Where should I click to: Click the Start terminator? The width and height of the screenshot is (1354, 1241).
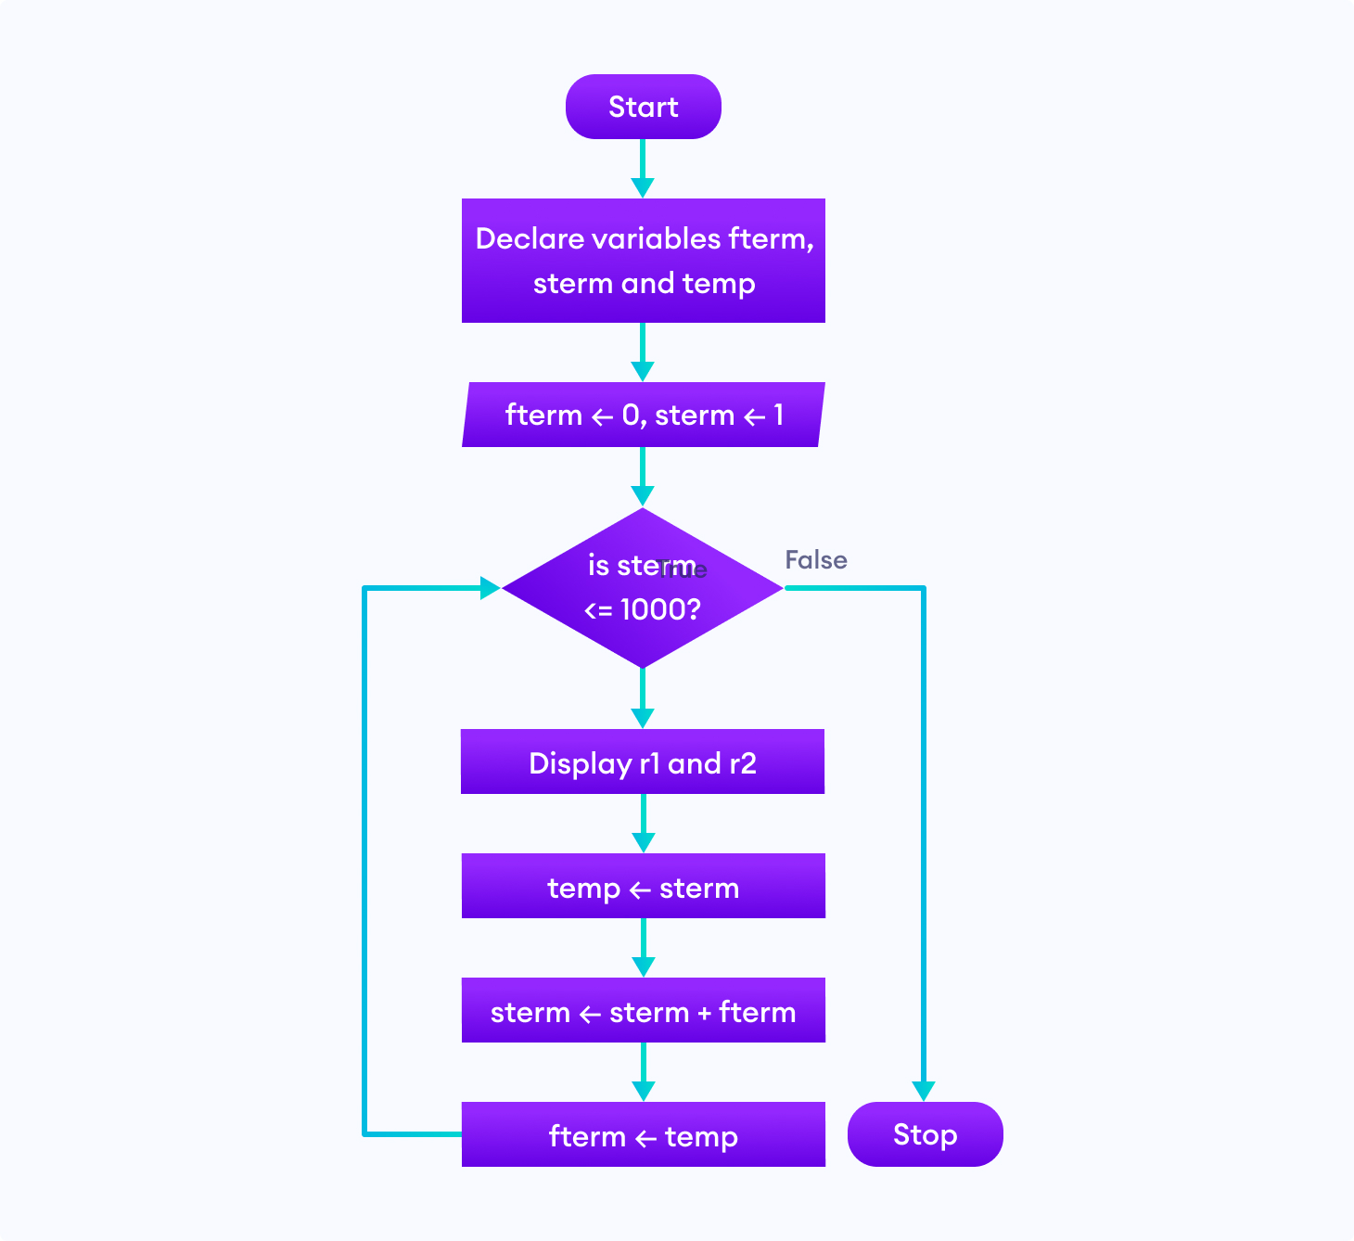tap(643, 107)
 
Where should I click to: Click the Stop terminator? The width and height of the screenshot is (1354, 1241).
tap(925, 1134)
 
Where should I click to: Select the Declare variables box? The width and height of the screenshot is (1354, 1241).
tap(643, 261)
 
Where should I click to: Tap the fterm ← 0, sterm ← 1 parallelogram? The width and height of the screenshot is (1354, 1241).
tap(643, 415)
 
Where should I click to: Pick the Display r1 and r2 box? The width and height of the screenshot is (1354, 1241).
tap(643, 762)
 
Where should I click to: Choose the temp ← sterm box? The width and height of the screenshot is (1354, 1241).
tap(643, 887)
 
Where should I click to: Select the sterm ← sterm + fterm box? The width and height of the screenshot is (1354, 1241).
tap(643, 1011)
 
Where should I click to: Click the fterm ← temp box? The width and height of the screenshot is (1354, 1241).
tap(643, 1135)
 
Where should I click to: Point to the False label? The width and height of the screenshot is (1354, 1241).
tap(815, 560)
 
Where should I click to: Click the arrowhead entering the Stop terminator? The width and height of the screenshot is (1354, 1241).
tap(923, 1090)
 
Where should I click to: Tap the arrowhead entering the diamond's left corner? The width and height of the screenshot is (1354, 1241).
tap(490, 587)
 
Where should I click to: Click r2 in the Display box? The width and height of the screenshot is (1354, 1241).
tap(742, 763)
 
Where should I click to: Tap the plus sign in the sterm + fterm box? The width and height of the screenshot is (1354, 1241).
tap(704, 1013)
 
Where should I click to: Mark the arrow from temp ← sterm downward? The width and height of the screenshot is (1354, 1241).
tap(643, 946)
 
